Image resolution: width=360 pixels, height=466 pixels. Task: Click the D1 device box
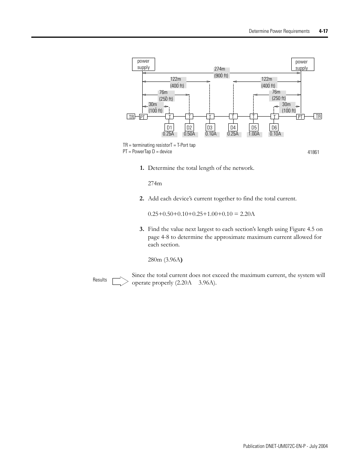169,128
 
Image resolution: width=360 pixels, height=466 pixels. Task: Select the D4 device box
233,128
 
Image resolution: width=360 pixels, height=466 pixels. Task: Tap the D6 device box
274,128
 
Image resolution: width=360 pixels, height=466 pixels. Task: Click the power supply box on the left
143,64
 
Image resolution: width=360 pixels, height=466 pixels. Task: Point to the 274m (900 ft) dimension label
221,72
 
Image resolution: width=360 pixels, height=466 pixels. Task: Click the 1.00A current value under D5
254,134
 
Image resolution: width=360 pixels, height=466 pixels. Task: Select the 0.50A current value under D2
189,134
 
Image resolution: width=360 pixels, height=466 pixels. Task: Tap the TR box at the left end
131,117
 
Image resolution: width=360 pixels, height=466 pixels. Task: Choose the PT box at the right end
300,117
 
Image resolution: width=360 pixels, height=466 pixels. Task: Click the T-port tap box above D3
210,117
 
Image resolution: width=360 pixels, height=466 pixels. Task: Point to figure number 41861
313,152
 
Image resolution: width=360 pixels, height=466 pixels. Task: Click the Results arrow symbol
121,281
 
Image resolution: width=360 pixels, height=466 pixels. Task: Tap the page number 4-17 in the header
323,31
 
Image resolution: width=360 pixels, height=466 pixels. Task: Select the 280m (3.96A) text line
168,260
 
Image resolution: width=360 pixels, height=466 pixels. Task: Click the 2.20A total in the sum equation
247,214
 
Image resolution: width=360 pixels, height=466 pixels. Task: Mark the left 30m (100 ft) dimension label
155,108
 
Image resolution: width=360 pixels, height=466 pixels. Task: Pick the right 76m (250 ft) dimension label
279,95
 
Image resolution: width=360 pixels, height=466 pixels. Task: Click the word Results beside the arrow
100,280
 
